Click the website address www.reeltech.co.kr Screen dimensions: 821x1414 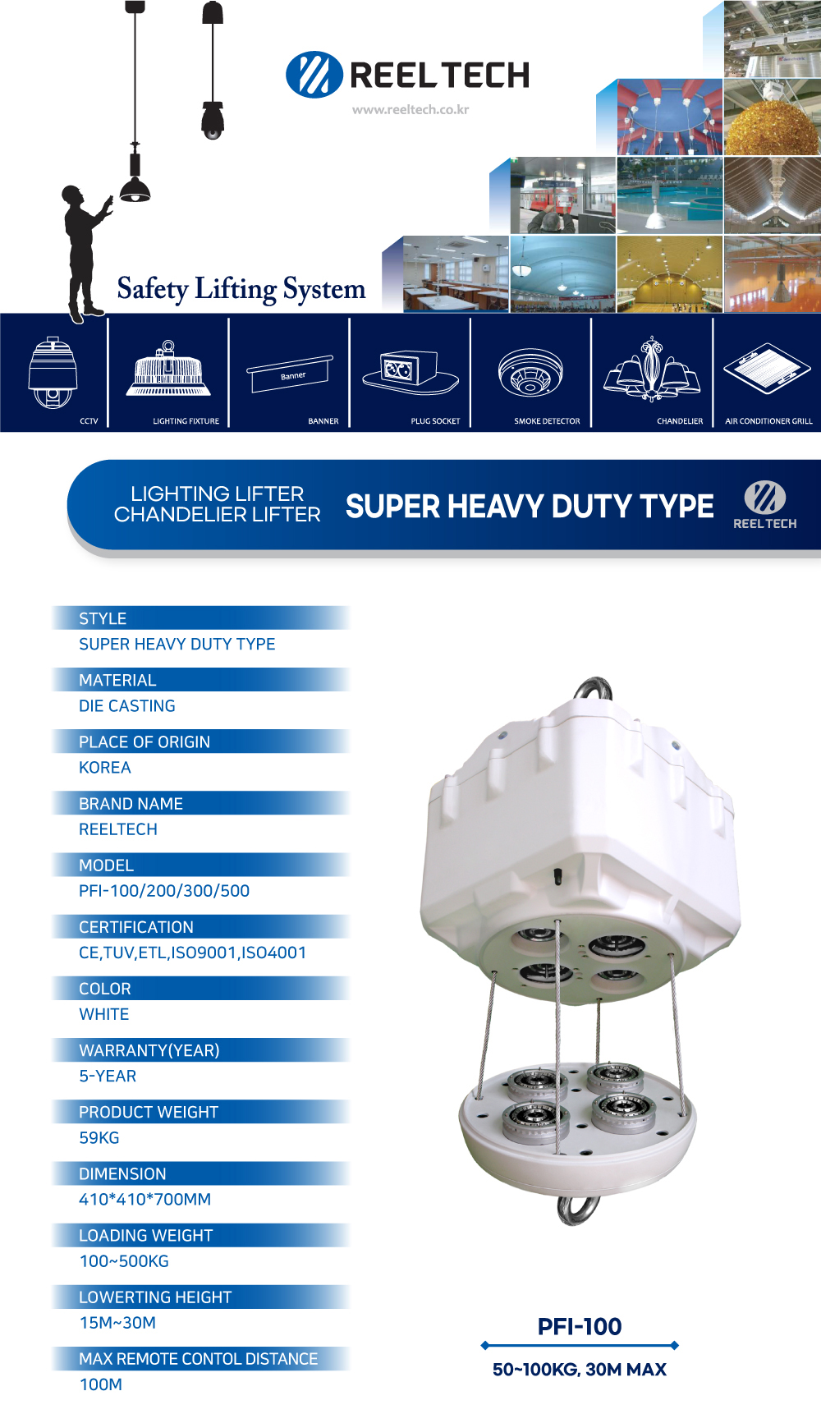click(x=410, y=109)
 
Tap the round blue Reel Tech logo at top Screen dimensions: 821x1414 click(x=314, y=75)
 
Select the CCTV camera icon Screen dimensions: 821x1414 click(x=53, y=372)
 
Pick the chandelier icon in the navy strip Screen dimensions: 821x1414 click(x=653, y=370)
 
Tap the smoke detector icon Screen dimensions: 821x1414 click(x=530, y=374)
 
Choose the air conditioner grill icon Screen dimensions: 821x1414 click(x=768, y=366)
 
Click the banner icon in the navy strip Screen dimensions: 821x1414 click(x=290, y=374)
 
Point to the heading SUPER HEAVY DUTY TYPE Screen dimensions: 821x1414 click(x=530, y=507)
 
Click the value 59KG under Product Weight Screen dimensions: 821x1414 click(x=99, y=1138)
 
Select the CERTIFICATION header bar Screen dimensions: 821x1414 click(x=201, y=927)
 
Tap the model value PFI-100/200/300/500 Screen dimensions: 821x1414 click(x=164, y=891)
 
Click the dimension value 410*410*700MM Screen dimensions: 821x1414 click(x=144, y=1200)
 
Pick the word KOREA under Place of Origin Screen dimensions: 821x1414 click(x=105, y=768)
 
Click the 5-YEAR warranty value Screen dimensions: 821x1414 click(x=108, y=1077)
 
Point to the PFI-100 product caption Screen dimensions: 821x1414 click(x=580, y=1326)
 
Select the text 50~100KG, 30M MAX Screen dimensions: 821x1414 click(x=580, y=1370)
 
